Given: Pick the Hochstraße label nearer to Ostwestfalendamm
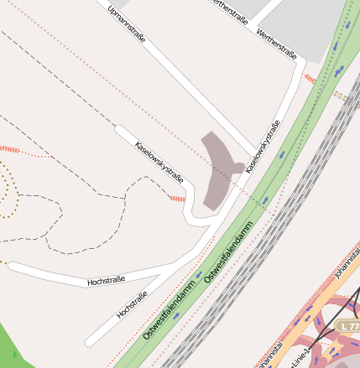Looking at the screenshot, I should click(x=132, y=303).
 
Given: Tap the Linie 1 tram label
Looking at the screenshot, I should click(x=298, y=355).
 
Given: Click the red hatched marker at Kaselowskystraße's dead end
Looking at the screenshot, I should click(x=177, y=199).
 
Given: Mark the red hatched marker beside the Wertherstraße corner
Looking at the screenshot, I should click(x=310, y=78).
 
